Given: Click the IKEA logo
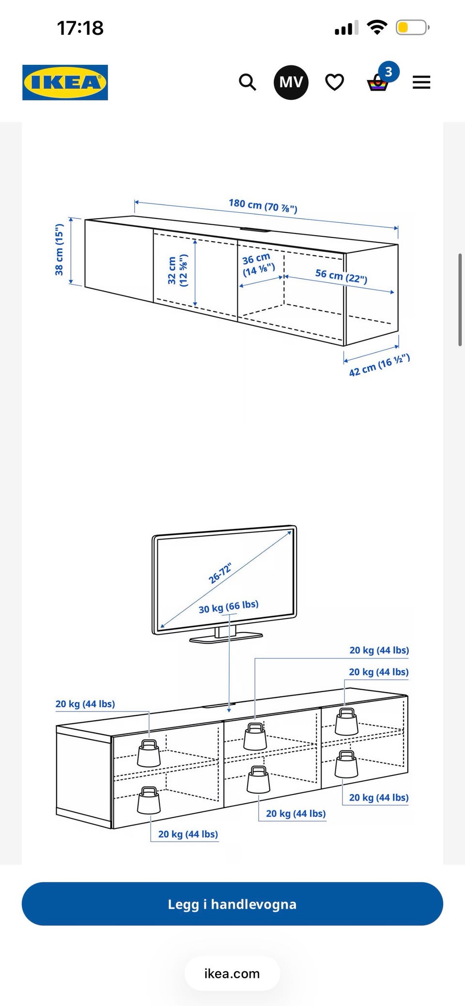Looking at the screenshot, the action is coord(65,82).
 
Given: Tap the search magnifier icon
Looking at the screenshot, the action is coord(248,82).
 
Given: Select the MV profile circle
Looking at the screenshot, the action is coord(291,82).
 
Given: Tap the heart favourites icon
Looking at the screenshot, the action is coord(335,82).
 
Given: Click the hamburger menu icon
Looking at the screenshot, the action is coord(421,82).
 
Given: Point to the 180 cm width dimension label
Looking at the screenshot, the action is coord(263,206).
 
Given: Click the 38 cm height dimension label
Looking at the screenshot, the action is coord(59,250).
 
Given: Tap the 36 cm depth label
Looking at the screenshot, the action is coord(258,264).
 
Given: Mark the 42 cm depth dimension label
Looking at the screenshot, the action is coord(379,365).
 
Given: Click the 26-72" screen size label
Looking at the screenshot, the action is coord(220,573).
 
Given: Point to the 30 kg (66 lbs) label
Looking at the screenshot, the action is coord(229,606).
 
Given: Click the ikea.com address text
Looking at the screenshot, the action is coord(232,974).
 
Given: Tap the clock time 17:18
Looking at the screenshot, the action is coord(80,28).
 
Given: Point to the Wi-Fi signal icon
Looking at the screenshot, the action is coord(377,27).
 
